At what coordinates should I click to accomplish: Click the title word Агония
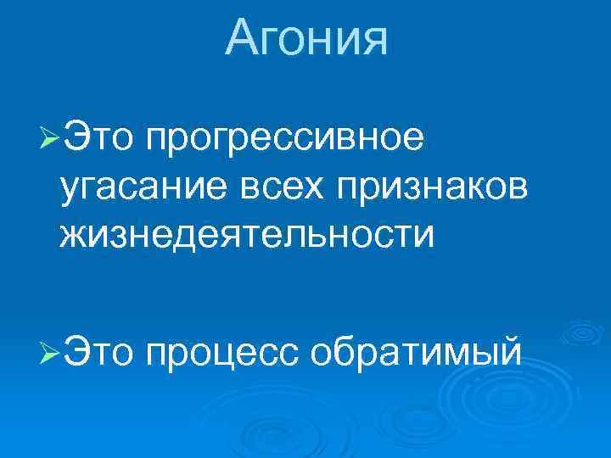tap(306, 38)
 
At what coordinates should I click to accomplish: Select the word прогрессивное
tap(285, 138)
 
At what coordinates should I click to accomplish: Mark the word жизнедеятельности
tap(246, 232)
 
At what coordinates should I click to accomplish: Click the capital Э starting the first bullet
tap(76, 137)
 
